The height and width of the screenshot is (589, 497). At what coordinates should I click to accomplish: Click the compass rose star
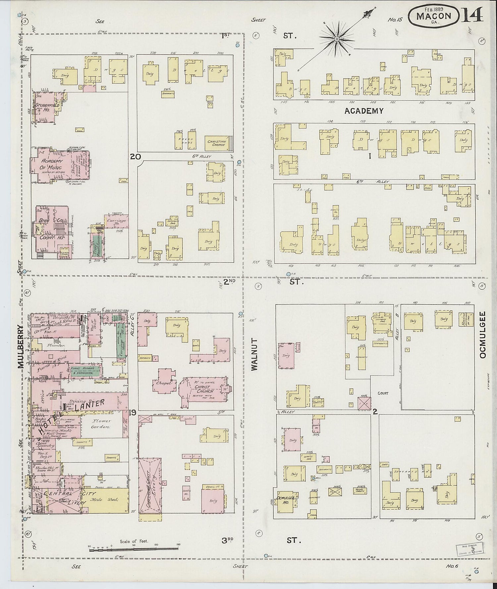[x=337, y=39]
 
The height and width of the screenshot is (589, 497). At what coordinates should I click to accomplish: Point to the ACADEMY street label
[x=364, y=111]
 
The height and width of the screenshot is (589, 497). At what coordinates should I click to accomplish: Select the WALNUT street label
[x=254, y=354]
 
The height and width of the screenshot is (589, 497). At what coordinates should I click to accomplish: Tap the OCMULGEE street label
[x=482, y=334]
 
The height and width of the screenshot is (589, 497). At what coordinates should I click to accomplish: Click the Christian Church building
[x=217, y=143]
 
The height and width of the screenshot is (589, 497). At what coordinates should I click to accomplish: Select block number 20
[x=135, y=157]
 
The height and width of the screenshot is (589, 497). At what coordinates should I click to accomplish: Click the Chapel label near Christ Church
[x=164, y=383]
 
